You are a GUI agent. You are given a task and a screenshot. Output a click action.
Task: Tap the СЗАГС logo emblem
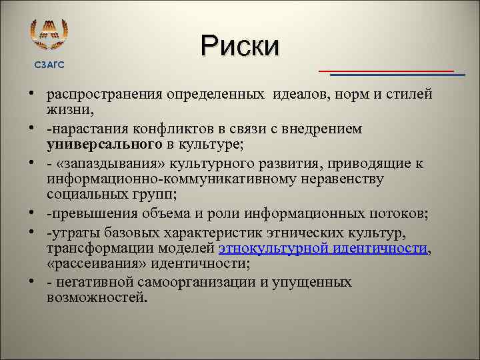point(50,34)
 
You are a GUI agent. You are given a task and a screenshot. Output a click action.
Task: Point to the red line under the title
point(386,70)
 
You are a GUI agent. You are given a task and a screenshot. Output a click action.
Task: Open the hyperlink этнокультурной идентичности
point(322,248)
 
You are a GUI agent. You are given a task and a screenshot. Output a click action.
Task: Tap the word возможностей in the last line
point(97,298)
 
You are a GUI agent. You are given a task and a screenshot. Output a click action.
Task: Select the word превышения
point(87,214)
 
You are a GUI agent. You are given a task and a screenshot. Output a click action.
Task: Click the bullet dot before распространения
point(32,94)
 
